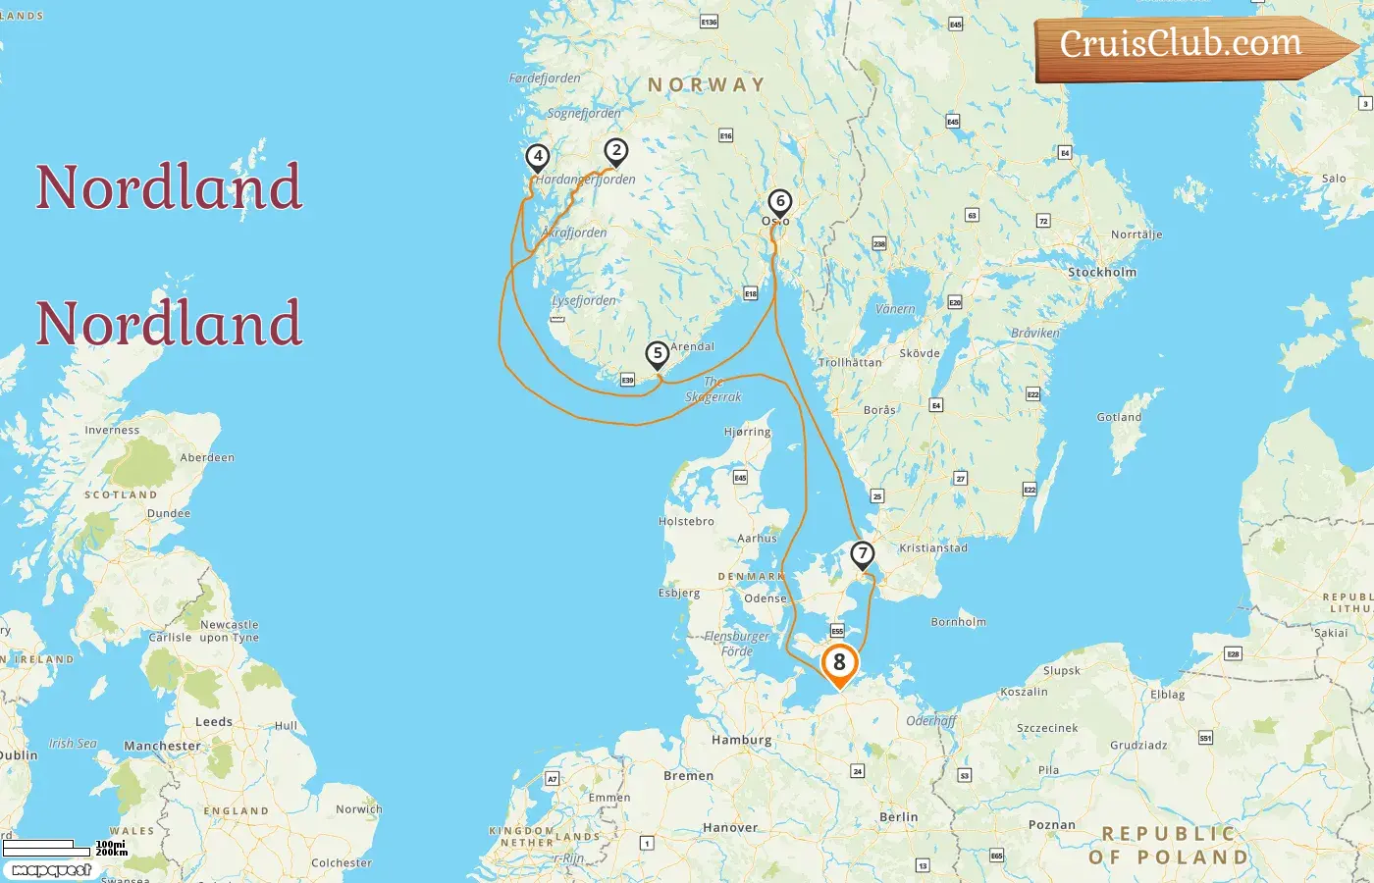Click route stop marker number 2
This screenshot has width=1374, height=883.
pos(615,151)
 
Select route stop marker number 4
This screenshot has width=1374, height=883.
pos(537,156)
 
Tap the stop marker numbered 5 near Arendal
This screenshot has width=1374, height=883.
pos(657,354)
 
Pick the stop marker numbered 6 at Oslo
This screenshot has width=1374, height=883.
pos(779,202)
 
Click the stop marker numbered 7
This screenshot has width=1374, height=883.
pos(862,554)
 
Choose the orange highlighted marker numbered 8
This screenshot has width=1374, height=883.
pos(839,663)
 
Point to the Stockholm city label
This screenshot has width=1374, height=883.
pos(1101,272)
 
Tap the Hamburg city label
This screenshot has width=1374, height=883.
pos(741,740)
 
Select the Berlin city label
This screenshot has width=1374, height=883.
pos(898,816)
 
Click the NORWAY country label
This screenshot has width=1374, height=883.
pos(706,85)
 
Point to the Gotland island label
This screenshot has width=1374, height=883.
pos(1119,417)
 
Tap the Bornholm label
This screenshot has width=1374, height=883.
pos(958,621)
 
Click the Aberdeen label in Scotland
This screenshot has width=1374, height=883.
pos(207,457)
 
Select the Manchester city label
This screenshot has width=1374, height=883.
pos(162,746)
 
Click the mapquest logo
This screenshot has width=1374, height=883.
pos(52,869)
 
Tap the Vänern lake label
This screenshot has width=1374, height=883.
pos(894,309)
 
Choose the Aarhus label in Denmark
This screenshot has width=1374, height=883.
pos(757,538)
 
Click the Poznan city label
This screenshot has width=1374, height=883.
pos(1051,825)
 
